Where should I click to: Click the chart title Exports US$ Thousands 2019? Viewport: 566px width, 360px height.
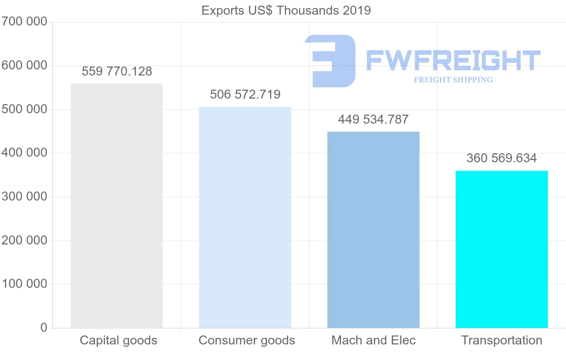coord(286,10)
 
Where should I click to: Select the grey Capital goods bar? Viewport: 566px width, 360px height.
coord(117,206)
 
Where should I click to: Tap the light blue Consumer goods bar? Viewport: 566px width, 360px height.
coord(245,217)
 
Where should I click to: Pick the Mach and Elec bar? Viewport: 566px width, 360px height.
coord(373,230)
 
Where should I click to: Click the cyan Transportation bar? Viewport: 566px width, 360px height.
coord(501,249)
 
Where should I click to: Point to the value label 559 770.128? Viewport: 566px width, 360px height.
coord(117,72)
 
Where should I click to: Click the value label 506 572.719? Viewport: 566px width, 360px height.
coord(245,95)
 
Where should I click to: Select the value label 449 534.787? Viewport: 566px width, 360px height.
coord(373,120)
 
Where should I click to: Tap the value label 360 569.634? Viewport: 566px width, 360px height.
coord(501,159)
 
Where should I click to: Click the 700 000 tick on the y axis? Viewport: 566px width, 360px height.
coord(25,22)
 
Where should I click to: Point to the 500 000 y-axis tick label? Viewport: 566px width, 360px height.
coord(25,109)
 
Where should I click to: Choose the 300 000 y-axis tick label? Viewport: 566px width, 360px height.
coord(25,197)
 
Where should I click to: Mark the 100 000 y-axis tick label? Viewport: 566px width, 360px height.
coord(25,284)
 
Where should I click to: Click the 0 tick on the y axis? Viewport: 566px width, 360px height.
coord(44,328)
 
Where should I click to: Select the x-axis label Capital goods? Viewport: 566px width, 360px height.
coord(118,341)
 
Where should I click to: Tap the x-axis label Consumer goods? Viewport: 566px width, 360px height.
coord(247,341)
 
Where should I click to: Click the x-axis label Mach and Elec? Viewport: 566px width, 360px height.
coord(374,341)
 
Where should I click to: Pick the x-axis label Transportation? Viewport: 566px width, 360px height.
coord(501,341)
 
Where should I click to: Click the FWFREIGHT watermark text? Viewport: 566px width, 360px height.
coord(453,60)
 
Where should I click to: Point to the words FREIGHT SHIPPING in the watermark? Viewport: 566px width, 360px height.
coord(453,80)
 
